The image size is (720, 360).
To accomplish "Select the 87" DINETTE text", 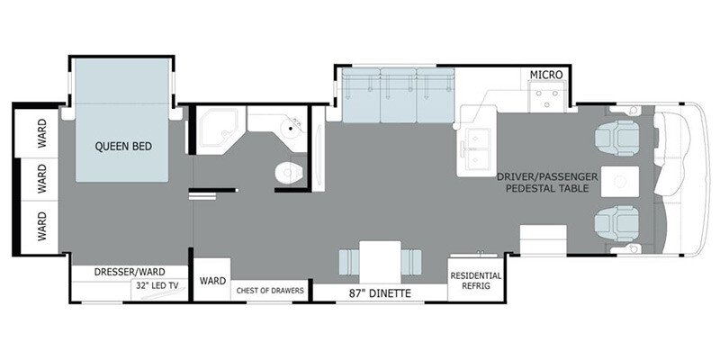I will coord(379,292).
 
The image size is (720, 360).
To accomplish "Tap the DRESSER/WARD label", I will coord(127,271).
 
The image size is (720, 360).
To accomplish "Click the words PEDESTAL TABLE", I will coord(547,189).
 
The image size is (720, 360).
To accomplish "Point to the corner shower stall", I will coord(216,131).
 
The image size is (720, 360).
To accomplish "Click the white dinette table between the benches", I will coord(378,260).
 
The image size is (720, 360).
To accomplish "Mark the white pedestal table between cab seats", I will coord(619,181).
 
